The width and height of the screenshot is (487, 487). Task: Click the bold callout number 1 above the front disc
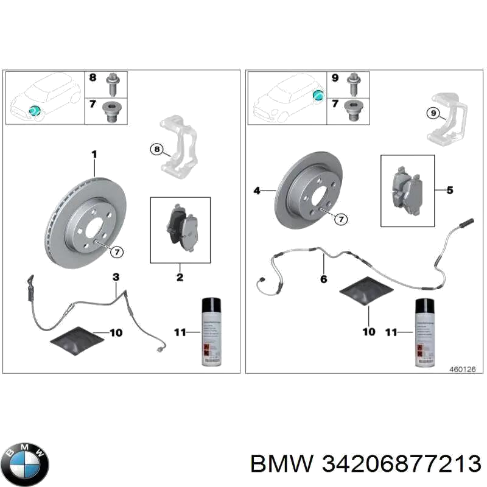(94, 155)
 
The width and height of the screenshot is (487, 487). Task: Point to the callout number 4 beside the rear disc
(256, 191)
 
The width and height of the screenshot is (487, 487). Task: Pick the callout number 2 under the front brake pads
(180, 278)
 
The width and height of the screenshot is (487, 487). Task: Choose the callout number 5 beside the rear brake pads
(449, 191)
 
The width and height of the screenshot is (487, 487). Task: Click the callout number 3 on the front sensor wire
(116, 278)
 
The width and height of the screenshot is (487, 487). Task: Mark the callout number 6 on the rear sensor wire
(323, 279)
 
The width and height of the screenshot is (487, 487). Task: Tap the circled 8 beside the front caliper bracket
(156, 149)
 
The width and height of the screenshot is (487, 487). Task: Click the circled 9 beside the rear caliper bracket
(432, 113)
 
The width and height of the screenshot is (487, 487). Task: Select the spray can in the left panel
(212, 331)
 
